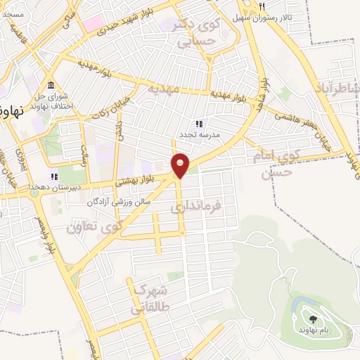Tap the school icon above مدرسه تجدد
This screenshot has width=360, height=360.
[x=199, y=123]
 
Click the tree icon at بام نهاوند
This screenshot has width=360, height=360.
[x=313, y=319]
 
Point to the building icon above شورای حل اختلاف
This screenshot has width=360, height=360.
[x=51, y=85]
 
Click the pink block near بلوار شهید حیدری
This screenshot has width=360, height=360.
[x=92, y=25]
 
